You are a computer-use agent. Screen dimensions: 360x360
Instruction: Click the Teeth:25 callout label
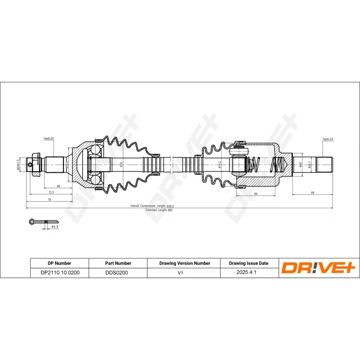point(49,139)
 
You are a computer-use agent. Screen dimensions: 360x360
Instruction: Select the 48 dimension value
point(58,186)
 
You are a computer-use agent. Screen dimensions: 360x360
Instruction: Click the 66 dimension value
point(255,193)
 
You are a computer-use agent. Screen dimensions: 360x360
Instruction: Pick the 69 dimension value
point(312,193)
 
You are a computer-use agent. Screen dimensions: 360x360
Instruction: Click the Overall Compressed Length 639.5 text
point(152,206)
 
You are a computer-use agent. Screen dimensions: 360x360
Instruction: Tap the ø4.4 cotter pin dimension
point(54,227)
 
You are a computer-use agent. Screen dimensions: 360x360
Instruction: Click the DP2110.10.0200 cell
point(59,272)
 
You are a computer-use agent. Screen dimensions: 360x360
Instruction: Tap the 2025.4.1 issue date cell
point(248,272)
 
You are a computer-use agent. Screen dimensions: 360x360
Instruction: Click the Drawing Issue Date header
point(248,263)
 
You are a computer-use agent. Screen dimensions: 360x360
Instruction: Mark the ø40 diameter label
point(301,164)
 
